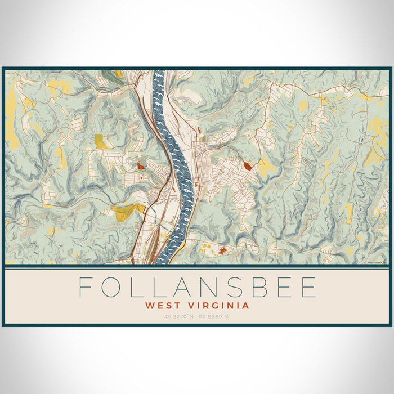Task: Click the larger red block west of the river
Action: click(x=141, y=166)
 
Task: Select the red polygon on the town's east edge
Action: click(x=248, y=166)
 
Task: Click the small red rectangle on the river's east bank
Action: click(x=198, y=131)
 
